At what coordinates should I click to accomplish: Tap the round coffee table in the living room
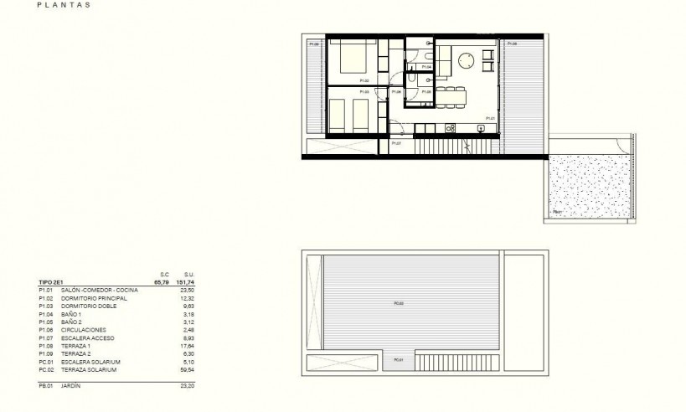[x=466, y=60]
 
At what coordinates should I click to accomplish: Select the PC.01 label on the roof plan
[x=397, y=360]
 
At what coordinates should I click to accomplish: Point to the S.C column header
[x=166, y=275]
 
